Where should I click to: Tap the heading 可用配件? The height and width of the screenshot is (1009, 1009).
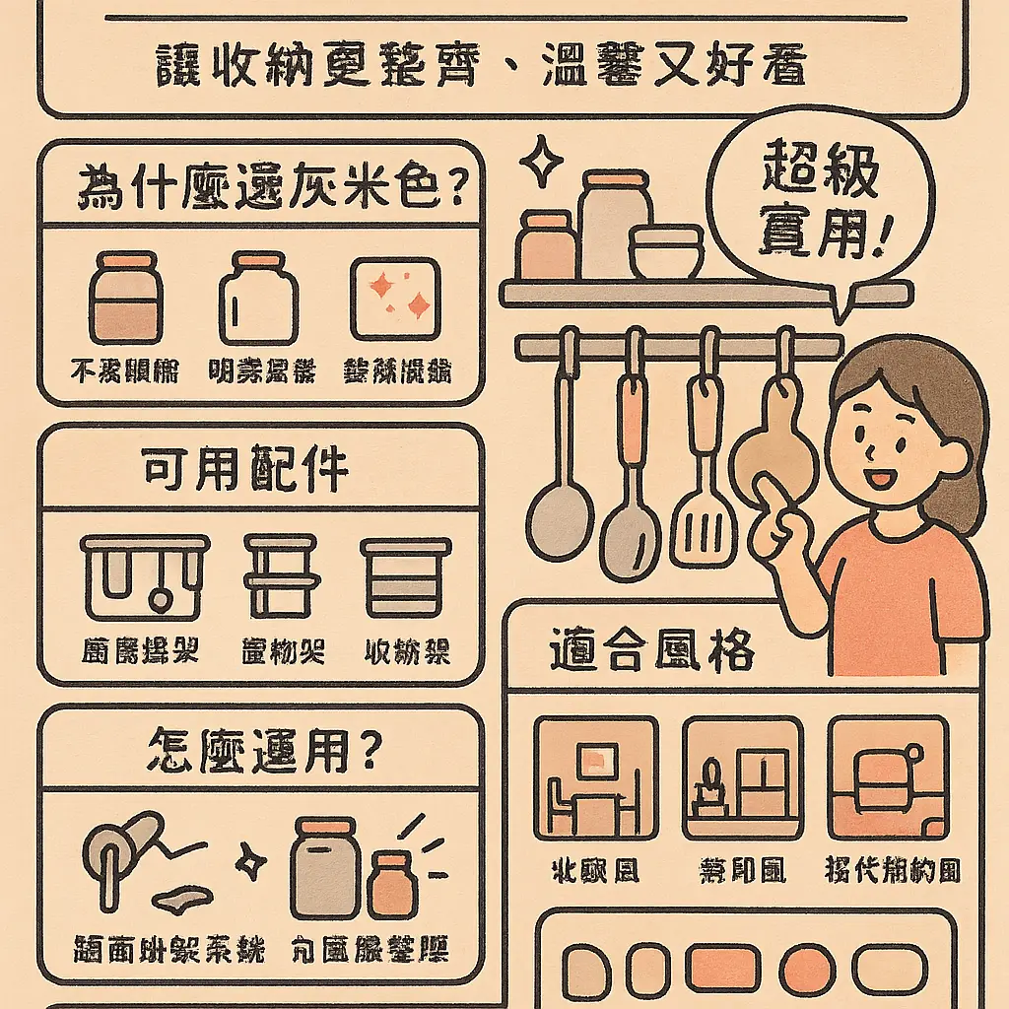pos(246,471)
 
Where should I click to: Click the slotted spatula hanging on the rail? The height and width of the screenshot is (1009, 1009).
pos(704,512)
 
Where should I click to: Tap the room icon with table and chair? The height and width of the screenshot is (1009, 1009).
pos(594,778)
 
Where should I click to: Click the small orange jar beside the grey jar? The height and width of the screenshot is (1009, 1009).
pos(392,884)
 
